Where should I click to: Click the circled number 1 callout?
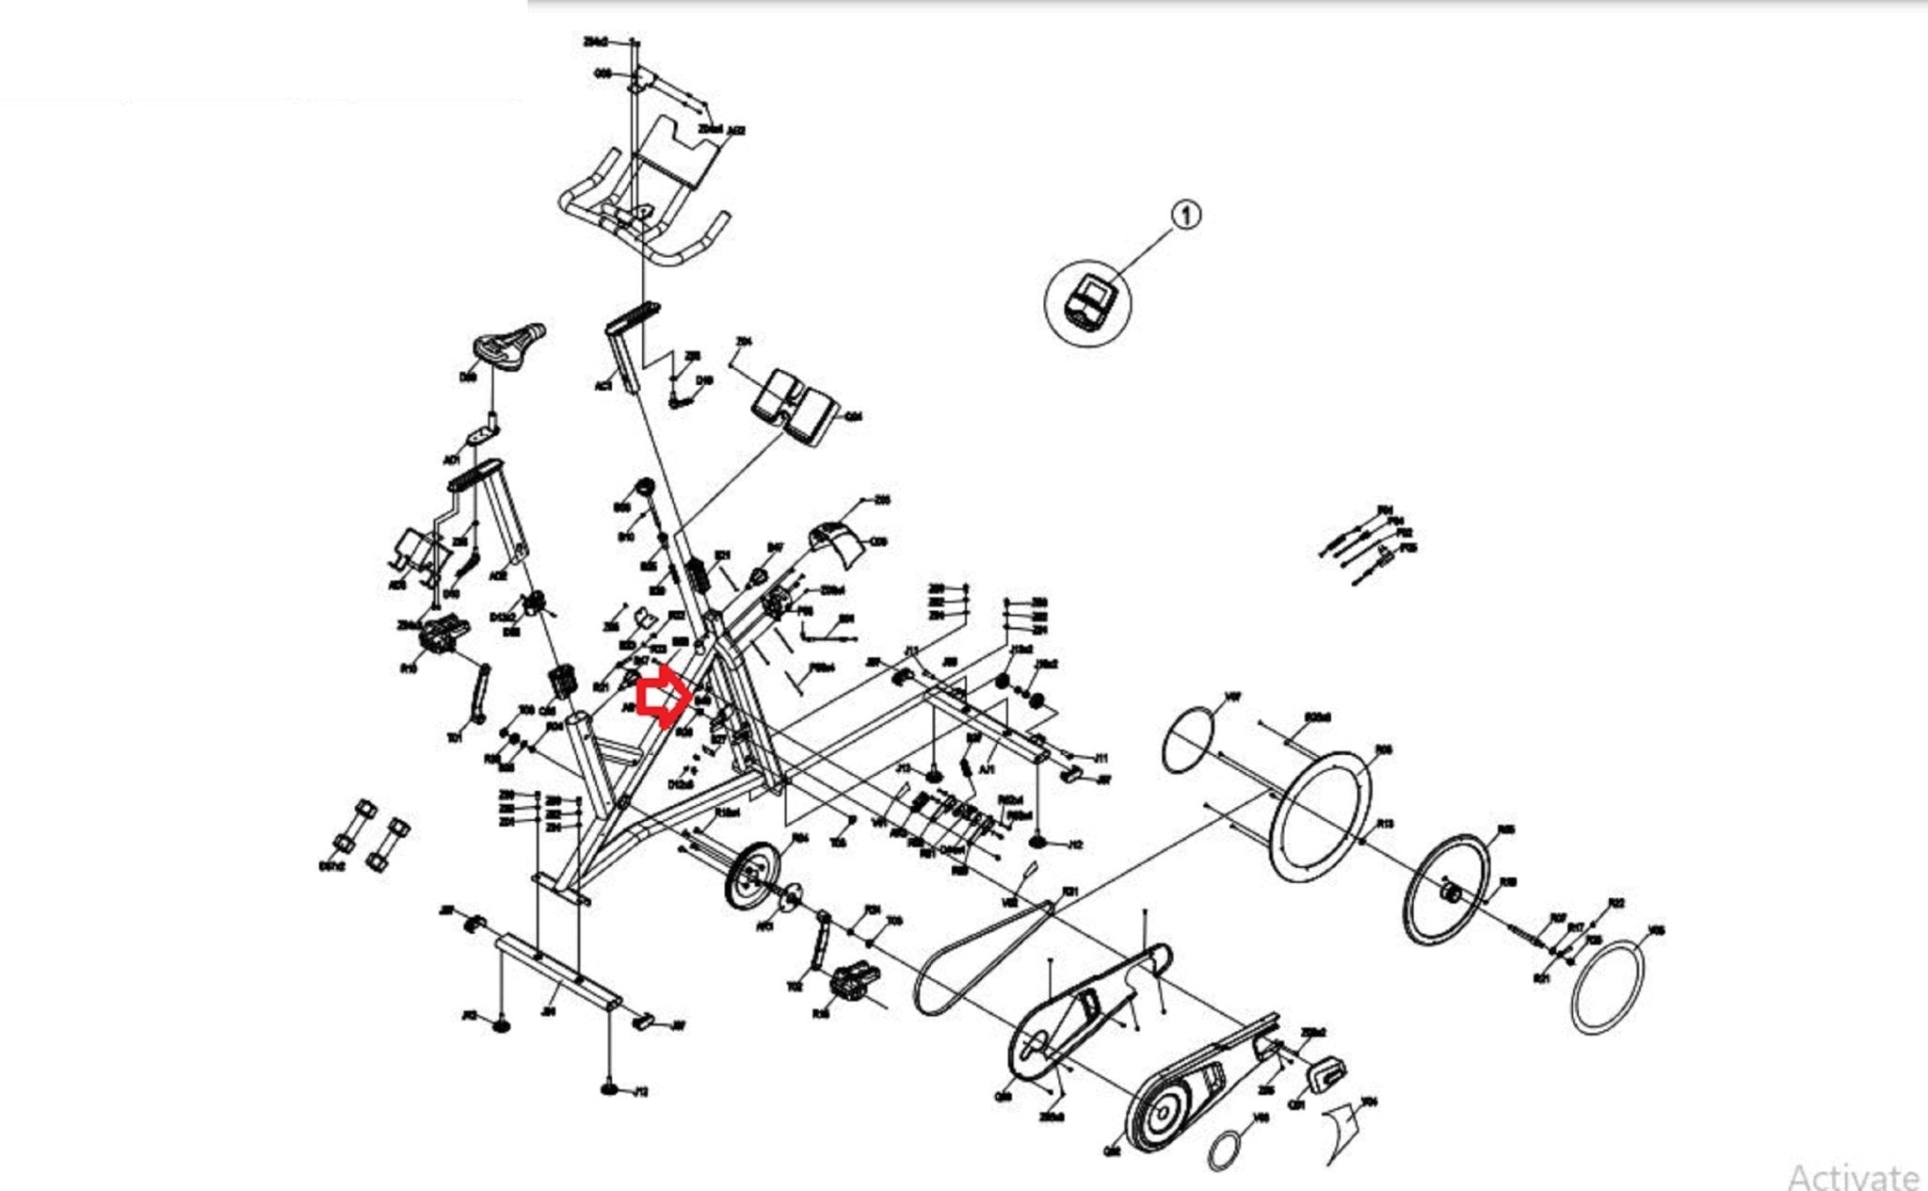[1186, 216]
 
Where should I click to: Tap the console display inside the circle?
[1088, 301]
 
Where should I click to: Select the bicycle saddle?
[509, 349]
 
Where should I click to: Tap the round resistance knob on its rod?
[646, 488]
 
